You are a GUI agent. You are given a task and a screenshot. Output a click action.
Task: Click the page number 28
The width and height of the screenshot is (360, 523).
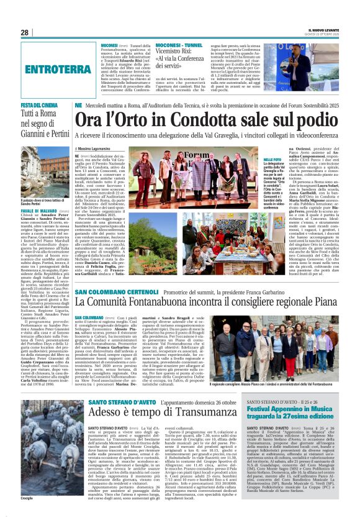(25, 32)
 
